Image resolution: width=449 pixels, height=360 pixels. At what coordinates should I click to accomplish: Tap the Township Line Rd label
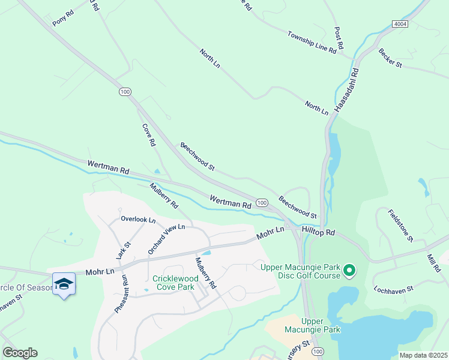pyautogui.click(x=312, y=43)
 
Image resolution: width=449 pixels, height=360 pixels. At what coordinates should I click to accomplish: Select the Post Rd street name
pyautogui.click(x=339, y=38)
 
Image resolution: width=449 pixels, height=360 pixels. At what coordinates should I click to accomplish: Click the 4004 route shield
pyautogui.click(x=400, y=23)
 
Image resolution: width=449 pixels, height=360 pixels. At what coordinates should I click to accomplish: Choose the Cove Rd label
pyautogui.click(x=149, y=135)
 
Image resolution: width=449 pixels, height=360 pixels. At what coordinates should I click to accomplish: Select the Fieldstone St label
pyautogui.click(x=400, y=225)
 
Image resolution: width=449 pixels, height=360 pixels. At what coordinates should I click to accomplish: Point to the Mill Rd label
pyautogui.click(x=433, y=263)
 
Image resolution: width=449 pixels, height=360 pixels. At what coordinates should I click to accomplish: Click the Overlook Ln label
pyautogui.click(x=138, y=219)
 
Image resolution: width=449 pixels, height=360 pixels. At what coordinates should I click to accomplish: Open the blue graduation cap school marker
pyautogui.click(x=64, y=283)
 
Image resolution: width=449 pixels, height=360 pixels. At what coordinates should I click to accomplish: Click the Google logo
pyautogui.click(x=20, y=353)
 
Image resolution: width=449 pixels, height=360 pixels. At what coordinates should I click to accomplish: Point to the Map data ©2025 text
pyautogui.click(x=423, y=355)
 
